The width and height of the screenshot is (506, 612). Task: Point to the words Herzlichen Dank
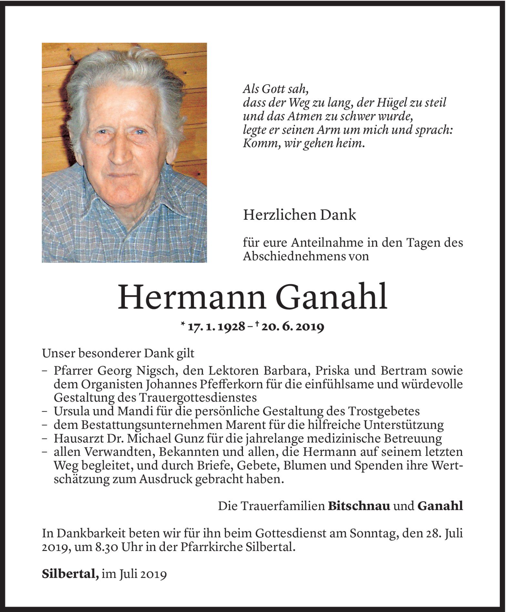299,215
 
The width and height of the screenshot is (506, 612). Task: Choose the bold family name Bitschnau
359,506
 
